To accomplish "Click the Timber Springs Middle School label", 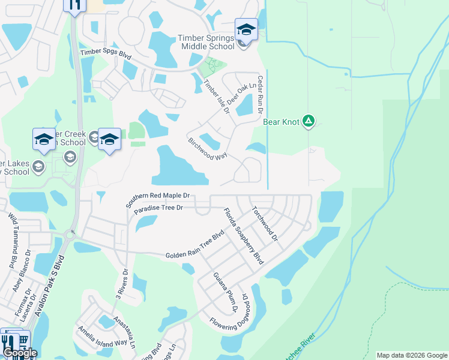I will (206, 42).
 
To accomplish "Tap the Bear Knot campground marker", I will (309, 121).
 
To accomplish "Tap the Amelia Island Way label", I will (101, 337).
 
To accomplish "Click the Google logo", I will (19, 353).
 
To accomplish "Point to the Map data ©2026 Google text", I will (411, 355).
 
